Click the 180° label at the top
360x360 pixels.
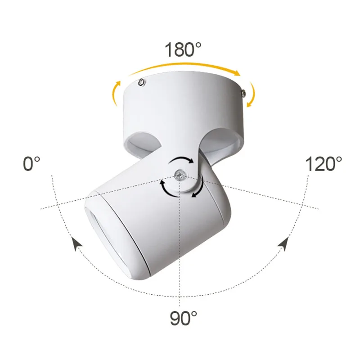pyautogui.click(x=183, y=49)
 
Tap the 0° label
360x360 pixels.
pyautogui.click(x=31, y=164)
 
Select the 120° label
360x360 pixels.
pyautogui.click(x=324, y=164)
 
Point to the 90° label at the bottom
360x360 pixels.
pyautogui.click(x=184, y=318)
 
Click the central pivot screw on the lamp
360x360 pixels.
pyautogui.click(x=181, y=175)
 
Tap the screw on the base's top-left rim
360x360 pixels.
pyautogui.click(x=142, y=82)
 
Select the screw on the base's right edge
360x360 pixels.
pyautogui.click(x=243, y=93)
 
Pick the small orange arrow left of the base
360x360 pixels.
pyautogui.click(x=115, y=93)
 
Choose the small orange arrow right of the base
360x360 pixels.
pyautogui.click(x=252, y=94)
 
